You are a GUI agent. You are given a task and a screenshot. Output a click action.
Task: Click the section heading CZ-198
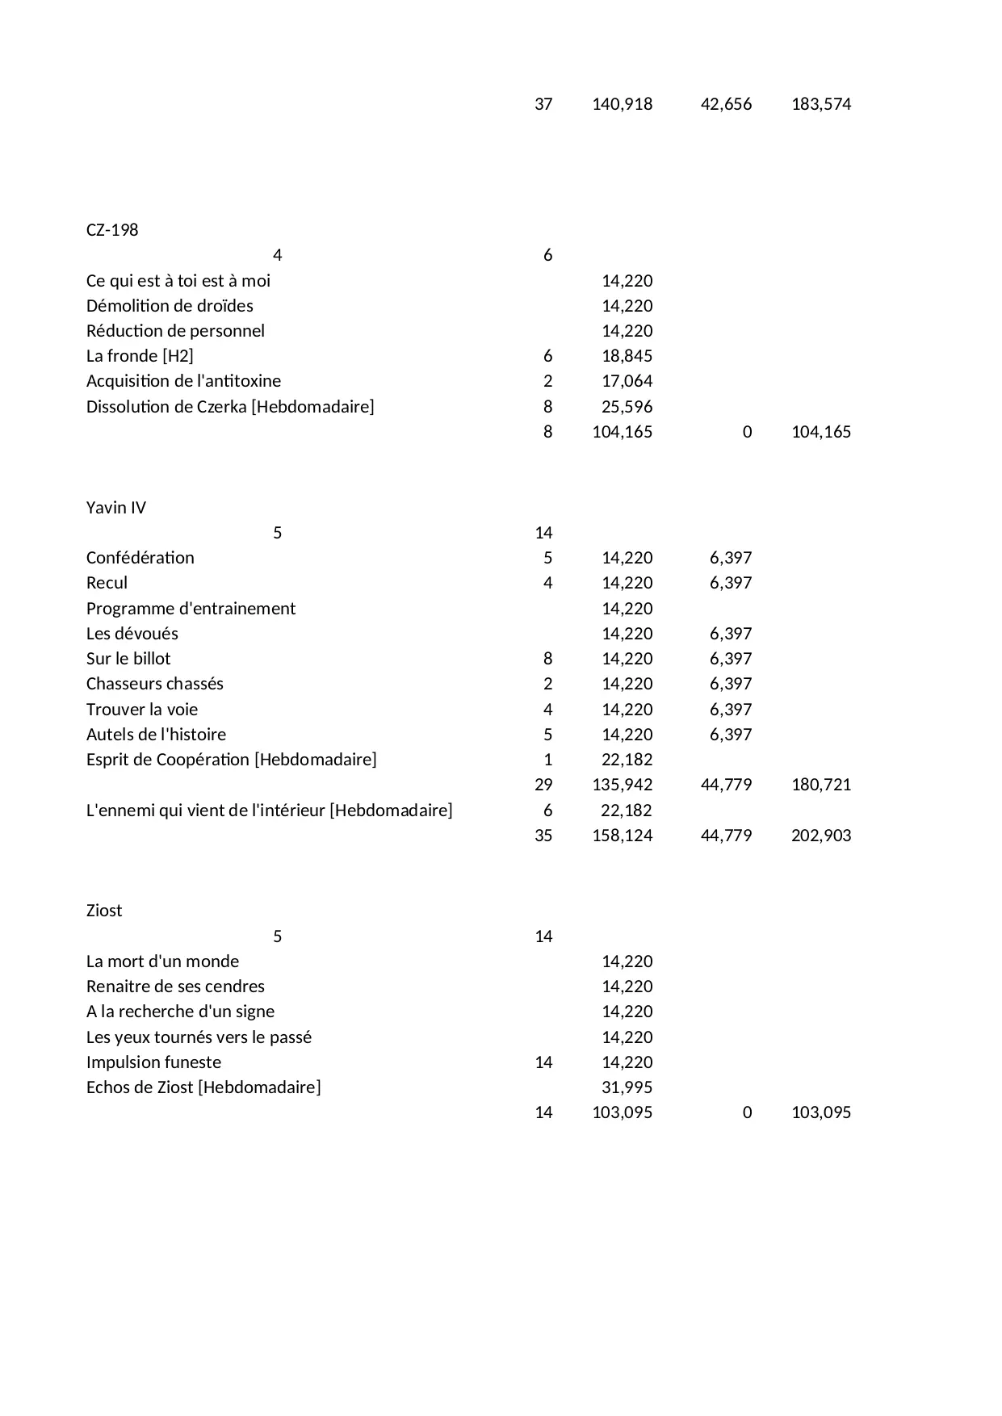pyautogui.click(x=112, y=230)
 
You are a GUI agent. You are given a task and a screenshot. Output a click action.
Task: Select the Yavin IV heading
pyautogui.click(x=116, y=508)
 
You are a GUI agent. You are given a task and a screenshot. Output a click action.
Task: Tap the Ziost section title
pyautogui.click(x=104, y=911)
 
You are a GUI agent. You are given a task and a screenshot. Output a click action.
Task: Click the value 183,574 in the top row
pyautogui.click(x=821, y=104)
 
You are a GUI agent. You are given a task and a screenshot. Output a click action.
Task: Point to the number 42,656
pyautogui.click(x=726, y=104)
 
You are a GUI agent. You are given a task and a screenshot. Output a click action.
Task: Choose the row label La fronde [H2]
pyautogui.click(x=140, y=356)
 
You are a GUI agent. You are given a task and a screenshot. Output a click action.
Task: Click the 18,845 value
pyautogui.click(x=627, y=356)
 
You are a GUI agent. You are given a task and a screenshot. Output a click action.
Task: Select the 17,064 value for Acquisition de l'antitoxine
pyautogui.click(x=627, y=381)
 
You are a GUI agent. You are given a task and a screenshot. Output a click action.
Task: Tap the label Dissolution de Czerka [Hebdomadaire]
pyautogui.click(x=230, y=407)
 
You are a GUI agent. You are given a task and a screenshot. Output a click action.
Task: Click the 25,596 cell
pyautogui.click(x=627, y=407)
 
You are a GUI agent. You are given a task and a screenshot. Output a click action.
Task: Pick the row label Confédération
pyautogui.click(x=140, y=558)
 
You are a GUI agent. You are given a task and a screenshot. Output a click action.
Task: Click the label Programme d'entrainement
pyautogui.click(x=191, y=609)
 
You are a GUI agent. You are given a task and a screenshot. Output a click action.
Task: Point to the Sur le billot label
pyautogui.click(x=128, y=659)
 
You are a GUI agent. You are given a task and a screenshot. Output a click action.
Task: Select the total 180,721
pyautogui.click(x=821, y=785)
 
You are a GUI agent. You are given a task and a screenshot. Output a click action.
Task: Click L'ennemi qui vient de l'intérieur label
pyautogui.click(x=269, y=811)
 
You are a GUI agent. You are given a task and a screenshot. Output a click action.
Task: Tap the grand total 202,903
pyautogui.click(x=821, y=836)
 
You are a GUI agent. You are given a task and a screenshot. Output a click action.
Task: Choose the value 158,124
pyautogui.click(x=622, y=836)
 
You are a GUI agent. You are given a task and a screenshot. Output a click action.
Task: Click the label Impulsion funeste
pyautogui.click(x=153, y=1062)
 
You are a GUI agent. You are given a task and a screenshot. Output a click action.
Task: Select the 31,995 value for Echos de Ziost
pyautogui.click(x=627, y=1087)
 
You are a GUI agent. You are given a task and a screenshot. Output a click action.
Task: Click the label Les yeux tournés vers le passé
pyautogui.click(x=199, y=1037)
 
